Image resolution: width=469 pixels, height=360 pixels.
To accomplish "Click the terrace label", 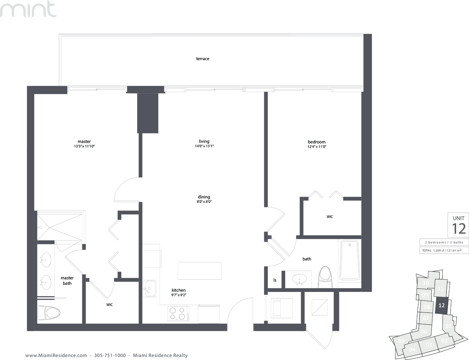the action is click(203, 59).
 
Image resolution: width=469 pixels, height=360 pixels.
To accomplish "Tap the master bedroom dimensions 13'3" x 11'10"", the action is click(84, 146).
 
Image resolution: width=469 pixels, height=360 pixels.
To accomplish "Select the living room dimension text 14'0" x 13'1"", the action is click(204, 146).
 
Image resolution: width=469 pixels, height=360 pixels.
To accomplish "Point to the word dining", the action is click(204, 197).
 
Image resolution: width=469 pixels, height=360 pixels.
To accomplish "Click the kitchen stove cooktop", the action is click(179, 314).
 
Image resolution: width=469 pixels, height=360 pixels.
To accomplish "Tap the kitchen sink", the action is click(150, 288).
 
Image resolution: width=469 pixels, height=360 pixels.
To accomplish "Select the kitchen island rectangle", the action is click(200, 271).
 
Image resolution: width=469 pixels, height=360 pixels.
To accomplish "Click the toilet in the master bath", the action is click(49, 313).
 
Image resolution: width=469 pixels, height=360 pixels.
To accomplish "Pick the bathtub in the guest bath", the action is click(350, 260).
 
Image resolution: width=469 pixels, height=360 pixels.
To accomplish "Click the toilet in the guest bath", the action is click(325, 277).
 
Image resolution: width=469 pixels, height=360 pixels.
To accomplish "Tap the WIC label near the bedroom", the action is click(330, 217).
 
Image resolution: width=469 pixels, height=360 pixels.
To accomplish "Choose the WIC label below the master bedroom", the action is click(109, 305).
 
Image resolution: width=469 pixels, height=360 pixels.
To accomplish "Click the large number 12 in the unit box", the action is click(458, 229).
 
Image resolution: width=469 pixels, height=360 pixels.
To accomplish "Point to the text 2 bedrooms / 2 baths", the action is click(444, 242).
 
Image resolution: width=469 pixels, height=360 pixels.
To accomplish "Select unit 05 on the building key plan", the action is click(401, 341).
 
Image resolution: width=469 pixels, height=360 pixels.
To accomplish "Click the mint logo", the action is click(28, 9).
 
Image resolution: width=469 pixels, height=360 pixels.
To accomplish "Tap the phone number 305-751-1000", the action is click(110, 355).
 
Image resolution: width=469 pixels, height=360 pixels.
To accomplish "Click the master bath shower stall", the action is click(60, 227).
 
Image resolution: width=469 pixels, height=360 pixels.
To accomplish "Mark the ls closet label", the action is click(275, 280).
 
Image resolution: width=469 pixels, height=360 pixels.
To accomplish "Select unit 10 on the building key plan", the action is click(426, 283).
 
